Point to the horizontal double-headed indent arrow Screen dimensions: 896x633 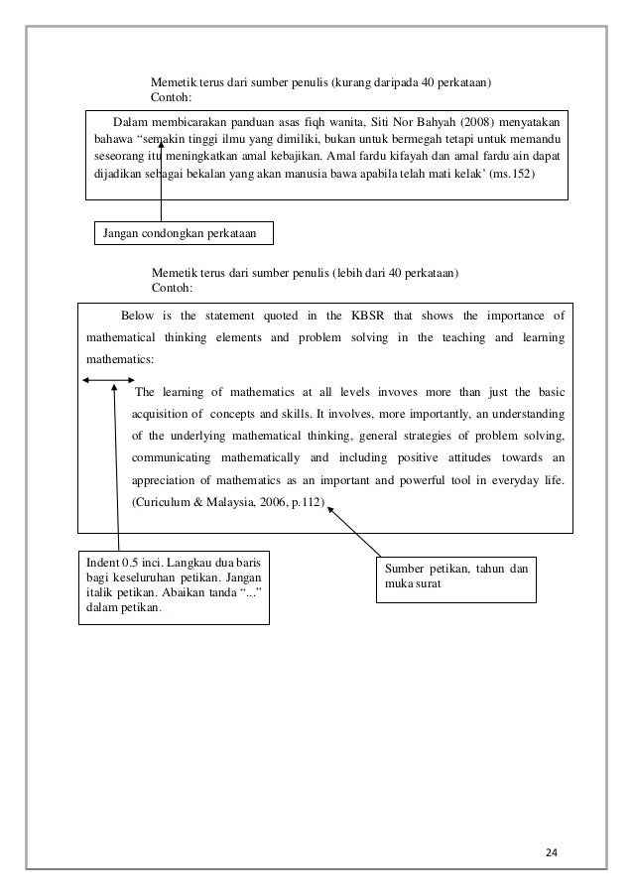pyautogui.click(x=108, y=380)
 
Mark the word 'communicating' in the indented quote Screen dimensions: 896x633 pyautogui.click(x=177, y=457)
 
